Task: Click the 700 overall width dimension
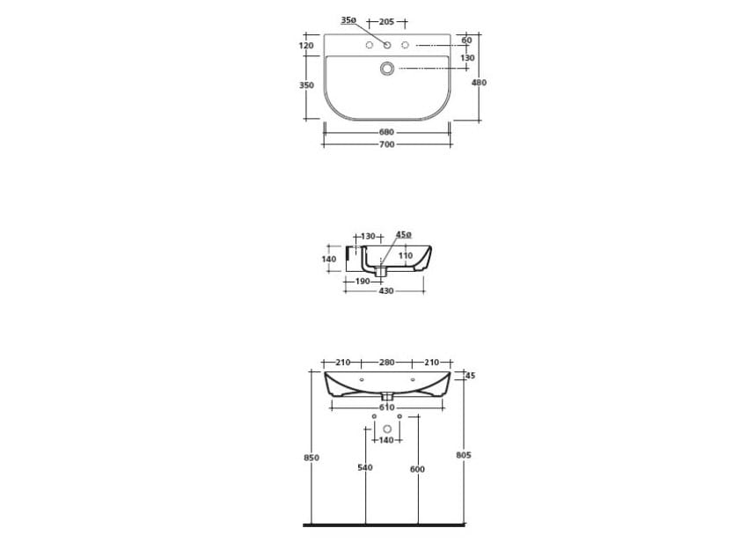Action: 387,143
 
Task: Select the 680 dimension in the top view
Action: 387,132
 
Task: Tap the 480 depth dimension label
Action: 479,83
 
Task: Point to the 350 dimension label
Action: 306,85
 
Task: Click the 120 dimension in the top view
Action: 306,45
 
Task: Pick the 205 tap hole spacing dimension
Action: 387,21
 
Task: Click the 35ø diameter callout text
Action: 348,20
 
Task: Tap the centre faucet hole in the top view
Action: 387,45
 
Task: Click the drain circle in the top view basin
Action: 387,68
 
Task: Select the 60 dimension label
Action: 466,40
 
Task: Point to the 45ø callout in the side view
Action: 403,235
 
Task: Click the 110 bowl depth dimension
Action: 405,256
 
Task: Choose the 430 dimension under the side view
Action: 385,291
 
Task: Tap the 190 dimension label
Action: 362,282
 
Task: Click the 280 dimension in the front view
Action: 387,363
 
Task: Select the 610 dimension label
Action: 386,407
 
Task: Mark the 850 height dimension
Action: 311,458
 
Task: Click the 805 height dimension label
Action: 465,455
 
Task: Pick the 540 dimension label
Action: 365,468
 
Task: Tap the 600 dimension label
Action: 417,469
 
